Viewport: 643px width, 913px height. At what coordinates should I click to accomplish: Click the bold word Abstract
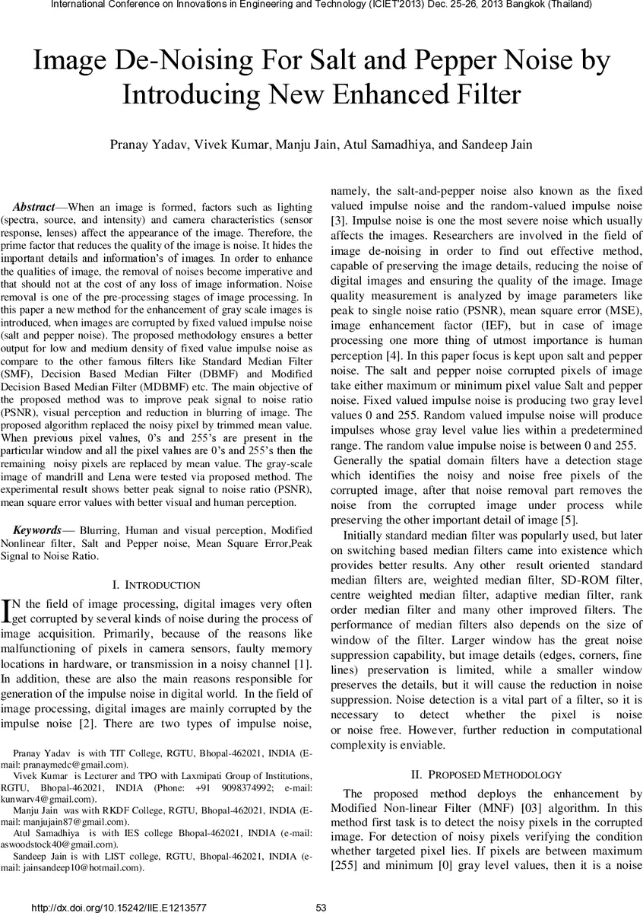pos(34,207)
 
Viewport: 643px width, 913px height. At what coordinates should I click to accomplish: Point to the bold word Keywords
pos(39,530)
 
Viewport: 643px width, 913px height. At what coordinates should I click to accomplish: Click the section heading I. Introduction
pos(156,585)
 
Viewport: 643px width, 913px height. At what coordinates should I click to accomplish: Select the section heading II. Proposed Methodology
pos(486,775)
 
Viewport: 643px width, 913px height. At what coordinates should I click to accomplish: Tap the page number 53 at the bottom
pos(321,907)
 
